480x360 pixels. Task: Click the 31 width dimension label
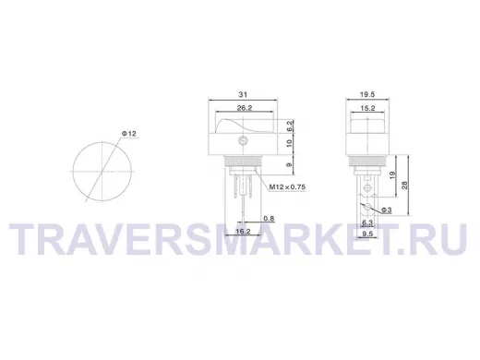point(243,94)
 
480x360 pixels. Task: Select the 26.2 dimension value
point(245,108)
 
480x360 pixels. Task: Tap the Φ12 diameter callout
point(128,134)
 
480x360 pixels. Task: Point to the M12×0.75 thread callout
point(287,186)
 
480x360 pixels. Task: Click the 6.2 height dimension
point(289,126)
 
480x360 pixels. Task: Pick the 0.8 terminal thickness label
point(269,219)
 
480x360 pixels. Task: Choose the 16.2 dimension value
point(243,231)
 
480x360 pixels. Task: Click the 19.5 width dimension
point(367,94)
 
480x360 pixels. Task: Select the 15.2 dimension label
point(367,108)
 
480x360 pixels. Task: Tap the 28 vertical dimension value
point(405,185)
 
